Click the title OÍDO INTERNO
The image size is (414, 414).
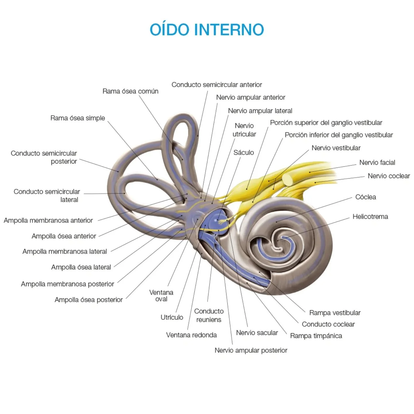click(x=207, y=30)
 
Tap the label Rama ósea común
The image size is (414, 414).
click(x=130, y=91)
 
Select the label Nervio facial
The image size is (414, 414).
click(x=377, y=162)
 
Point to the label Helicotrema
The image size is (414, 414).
click(x=370, y=216)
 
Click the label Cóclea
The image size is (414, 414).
click(x=365, y=197)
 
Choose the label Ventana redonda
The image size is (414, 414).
click(x=191, y=335)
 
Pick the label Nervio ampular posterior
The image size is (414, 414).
click(x=251, y=350)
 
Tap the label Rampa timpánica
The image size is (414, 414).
click(x=316, y=336)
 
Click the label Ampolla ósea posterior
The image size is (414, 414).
click(x=89, y=300)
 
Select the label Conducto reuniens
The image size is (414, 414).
click(x=209, y=315)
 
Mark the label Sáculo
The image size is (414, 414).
click(x=244, y=152)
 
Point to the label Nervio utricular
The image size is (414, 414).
click(x=244, y=130)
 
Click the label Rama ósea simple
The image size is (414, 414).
click(x=78, y=118)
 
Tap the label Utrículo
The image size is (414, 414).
click(x=172, y=317)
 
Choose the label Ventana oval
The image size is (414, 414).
click(x=161, y=296)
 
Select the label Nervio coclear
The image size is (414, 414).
click(x=389, y=176)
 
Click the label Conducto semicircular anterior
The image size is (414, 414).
click(x=216, y=85)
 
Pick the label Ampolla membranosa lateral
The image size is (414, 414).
click(x=65, y=251)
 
